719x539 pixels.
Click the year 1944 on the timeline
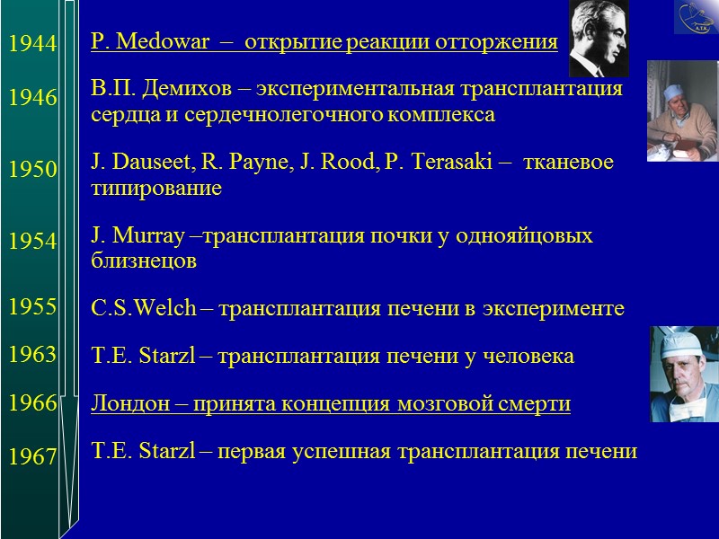[32, 43]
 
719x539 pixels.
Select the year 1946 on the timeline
[32, 98]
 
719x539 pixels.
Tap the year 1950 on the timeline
[32, 170]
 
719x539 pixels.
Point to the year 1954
[32, 241]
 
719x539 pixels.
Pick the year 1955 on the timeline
[32, 307]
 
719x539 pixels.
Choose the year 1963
[32, 355]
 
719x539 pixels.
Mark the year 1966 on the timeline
[32, 403]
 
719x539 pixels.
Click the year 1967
[32, 457]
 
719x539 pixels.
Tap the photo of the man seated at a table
[681, 110]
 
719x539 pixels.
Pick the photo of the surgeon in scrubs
[683, 374]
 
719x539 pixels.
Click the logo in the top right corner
[696, 18]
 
